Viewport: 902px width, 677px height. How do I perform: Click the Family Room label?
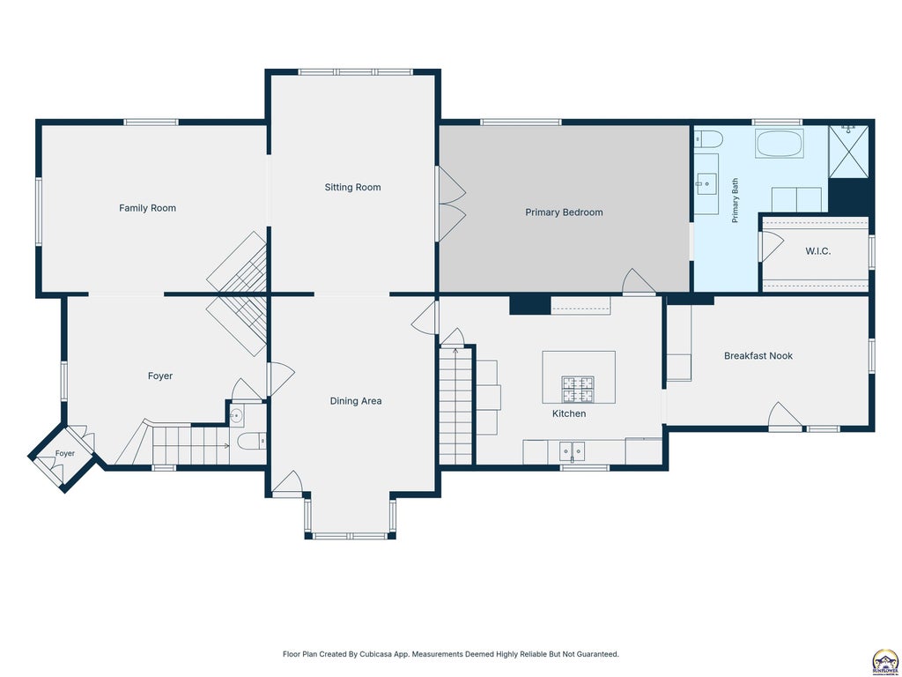pyautogui.click(x=147, y=208)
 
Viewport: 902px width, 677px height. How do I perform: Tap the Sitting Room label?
pyautogui.click(x=352, y=187)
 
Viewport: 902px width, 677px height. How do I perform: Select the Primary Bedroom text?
pyautogui.click(x=564, y=212)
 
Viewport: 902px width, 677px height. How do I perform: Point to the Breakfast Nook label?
pyautogui.click(x=758, y=356)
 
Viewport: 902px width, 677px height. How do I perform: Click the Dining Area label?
pyautogui.click(x=356, y=401)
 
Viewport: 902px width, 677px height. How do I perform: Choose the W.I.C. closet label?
pyautogui.click(x=817, y=251)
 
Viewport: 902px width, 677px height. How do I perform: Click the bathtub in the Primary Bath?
pyautogui.click(x=780, y=144)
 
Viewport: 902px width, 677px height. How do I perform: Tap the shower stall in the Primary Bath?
pyautogui.click(x=848, y=152)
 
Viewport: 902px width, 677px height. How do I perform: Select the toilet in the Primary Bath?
pyautogui.click(x=708, y=139)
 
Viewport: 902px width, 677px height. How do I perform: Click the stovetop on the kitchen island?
pyautogui.click(x=578, y=389)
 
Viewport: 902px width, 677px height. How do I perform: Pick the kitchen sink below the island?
pyautogui.click(x=573, y=451)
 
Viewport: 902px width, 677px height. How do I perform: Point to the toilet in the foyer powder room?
pyautogui.click(x=251, y=442)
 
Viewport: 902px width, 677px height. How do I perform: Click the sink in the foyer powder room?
pyautogui.click(x=236, y=415)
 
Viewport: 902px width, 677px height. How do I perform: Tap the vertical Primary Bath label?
pyautogui.click(x=735, y=201)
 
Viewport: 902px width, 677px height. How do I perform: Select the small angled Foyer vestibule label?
pyautogui.click(x=65, y=454)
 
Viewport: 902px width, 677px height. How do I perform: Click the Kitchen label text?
pyautogui.click(x=569, y=413)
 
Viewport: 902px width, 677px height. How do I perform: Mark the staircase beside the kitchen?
pyautogui.click(x=455, y=405)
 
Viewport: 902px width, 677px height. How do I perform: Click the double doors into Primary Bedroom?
pyautogui.click(x=450, y=204)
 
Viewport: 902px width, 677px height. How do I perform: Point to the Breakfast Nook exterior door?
pyautogui.click(x=785, y=416)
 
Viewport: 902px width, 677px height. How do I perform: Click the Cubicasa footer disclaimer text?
pyautogui.click(x=450, y=654)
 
